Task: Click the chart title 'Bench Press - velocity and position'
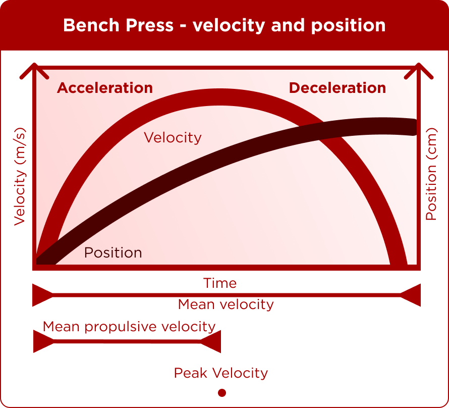(224, 25)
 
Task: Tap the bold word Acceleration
(105, 88)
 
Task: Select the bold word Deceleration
(338, 88)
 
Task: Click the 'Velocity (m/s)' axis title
(20, 177)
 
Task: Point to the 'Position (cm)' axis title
(431, 174)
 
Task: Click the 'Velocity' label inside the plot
(173, 137)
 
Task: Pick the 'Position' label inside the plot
(113, 252)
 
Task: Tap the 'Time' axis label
(220, 283)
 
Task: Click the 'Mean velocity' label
(226, 304)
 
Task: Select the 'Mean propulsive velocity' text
(129, 327)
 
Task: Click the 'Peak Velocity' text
(221, 373)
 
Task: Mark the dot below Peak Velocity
(222, 393)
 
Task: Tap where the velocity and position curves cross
(321, 131)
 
